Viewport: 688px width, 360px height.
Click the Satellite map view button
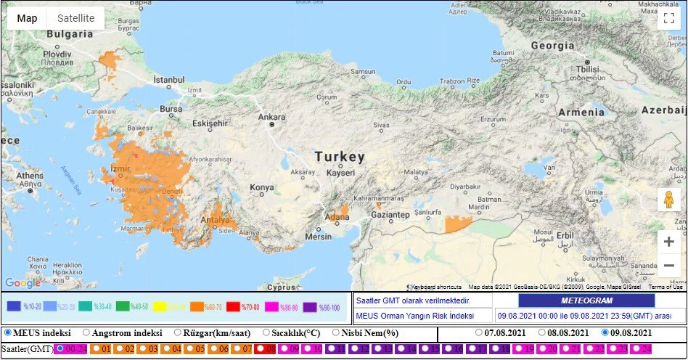(x=75, y=18)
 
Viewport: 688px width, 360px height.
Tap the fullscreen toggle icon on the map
(x=668, y=19)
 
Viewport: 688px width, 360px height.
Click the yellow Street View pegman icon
(x=668, y=200)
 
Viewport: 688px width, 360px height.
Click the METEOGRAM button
(x=586, y=300)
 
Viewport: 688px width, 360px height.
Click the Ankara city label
(x=271, y=116)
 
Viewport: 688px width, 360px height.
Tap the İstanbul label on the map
(x=168, y=79)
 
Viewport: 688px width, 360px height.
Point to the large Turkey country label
(x=339, y=157)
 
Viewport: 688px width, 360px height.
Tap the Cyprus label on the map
(x=278, y=286)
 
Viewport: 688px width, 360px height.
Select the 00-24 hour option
(x=60, y=349)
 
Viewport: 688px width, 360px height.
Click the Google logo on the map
(x=22, y=283)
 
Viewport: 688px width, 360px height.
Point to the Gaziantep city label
(x=390, y=216)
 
